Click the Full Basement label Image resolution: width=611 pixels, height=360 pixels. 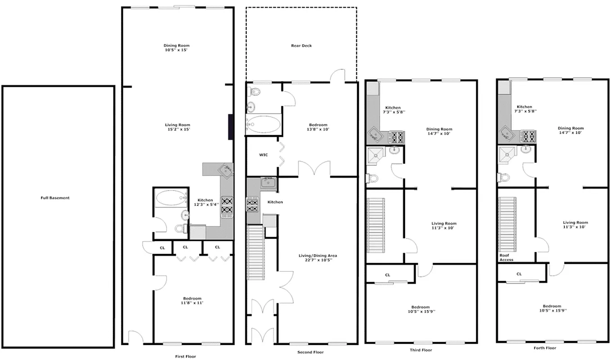pyautogui.click(x=55, y=198)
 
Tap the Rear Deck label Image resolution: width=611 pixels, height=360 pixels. pyautogui.click(x=301, y=46)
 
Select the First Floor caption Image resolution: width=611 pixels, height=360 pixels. pyautogui.click(x=186, y=356)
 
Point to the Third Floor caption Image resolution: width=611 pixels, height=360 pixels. pyautogui.click(x=421, y=350)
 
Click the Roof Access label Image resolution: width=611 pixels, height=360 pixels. pyautogui.click(x=506, y=257)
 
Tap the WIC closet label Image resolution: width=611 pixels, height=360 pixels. pyautogui.click(x=263, y=155)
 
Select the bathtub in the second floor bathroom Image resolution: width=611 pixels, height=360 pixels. pyautogui.click(x=264, y=124)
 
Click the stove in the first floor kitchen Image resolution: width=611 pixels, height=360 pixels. pyautogui.click(x=227, y=206)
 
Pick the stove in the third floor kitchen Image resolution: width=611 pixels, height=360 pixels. pyautogui.click(x=396, y=137)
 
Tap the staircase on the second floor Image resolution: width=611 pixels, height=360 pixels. pyautogui.click(x=255, y=252)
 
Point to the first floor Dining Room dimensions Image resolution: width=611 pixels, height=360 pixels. pyautogui.click(x=177, y=50)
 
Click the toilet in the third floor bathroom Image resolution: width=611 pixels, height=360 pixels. pyautogui.click(x=372, y=179)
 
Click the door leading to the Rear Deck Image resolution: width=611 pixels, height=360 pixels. pyautogui.click(x=337, y=76)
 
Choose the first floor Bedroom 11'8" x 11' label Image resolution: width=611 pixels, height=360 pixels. pyautogui.click(x=192, y=301)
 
